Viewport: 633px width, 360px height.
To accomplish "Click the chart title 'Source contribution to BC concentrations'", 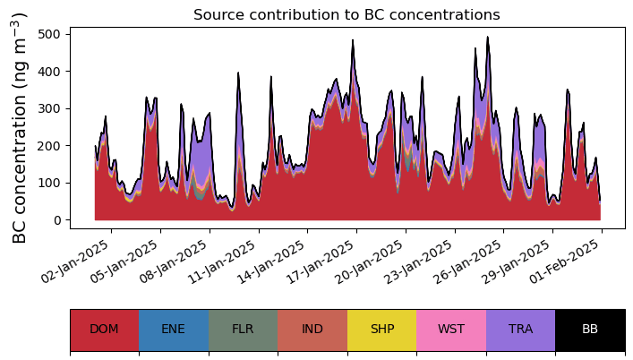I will coord(346,15).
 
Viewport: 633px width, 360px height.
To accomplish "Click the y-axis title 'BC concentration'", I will coord(20,127).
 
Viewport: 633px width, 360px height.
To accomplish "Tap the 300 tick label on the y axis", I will coord(49,108).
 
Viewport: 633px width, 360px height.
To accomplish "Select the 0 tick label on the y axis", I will coord(57,220).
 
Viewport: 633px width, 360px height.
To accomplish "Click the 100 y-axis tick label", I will coord(49,183).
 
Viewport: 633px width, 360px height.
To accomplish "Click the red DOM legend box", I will coord(105,330).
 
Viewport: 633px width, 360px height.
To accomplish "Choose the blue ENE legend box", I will coord(174,330).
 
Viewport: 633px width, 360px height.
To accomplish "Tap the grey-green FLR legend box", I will coord(243,330).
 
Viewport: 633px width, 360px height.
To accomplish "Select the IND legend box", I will coord(312,330).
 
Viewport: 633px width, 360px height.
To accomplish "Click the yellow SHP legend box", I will coord(381,330).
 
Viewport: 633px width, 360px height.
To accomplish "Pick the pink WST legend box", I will coord(451,330).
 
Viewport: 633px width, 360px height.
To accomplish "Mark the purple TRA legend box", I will coord(520,330).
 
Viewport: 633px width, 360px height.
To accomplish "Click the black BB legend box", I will coord(590,330).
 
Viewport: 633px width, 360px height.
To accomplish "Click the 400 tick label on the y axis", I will coord(49,71).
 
